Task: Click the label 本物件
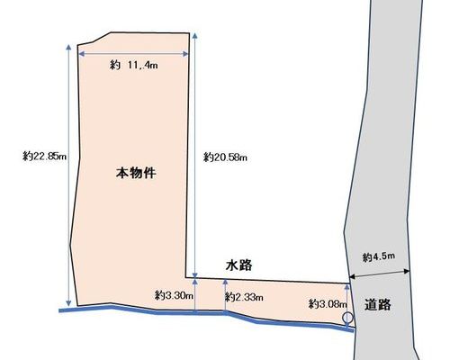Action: pyautogui.click(x=136, y=173)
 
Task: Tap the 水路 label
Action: pyautogui.click(x=239, y=265)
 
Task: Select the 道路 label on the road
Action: pyautogui.click(x=378, y=304)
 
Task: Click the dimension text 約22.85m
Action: pyautogui.click(x=44, y=156)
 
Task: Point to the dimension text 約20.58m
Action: pyautogui.click(x=225, y=157)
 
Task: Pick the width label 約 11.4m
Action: pyautogui.click(x=133, y=65)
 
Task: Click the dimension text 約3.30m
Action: pyautogui.click(x=174, y=295)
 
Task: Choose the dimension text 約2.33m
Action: pyautogui.click(x=244, y=297)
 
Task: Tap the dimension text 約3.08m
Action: pyautogui.click(x=328, y=304)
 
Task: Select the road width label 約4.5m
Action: pyautogui.click(x=379, y=256)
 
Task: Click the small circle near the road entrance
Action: pyautogui.click(x=347, y=318)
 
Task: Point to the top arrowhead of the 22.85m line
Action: pyautogui.click(x=68, y=47)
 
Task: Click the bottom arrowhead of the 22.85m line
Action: pyautogui.click(x=68, y=303)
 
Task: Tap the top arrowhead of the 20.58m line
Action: pyautogui.click(x=195, y=36)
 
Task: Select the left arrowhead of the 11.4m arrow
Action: pyautogui.click(x=81, y=54)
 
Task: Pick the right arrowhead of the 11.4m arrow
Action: pyautogui.click(x=185, y=54)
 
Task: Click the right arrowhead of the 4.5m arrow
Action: pyautogui.click(x=407, y=271)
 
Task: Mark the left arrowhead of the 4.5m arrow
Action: pyautogui.click(x=353, y=276)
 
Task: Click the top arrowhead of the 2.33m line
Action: pyautogui.click(x=225, y=282)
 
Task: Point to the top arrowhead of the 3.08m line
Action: pyautogui.click(x=347, y=287)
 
